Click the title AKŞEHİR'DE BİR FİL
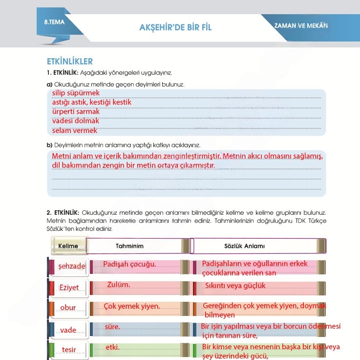point(175,27)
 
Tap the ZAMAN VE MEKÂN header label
point(301,25)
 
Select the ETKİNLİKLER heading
point(70,62)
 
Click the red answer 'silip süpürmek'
point(76,93)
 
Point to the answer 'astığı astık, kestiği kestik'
point(92,102)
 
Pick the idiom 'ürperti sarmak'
point(76,112)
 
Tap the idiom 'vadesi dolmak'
point(76,121)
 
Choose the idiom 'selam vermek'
point(75,131)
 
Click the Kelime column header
point(68,246)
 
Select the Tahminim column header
point(129,246)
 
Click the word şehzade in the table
point(72,267)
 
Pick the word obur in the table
point(68,308)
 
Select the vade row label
point(68,330)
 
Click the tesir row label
point(69,350)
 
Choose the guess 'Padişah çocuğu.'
point(129,264)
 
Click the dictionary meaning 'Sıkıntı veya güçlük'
point(235,286)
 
